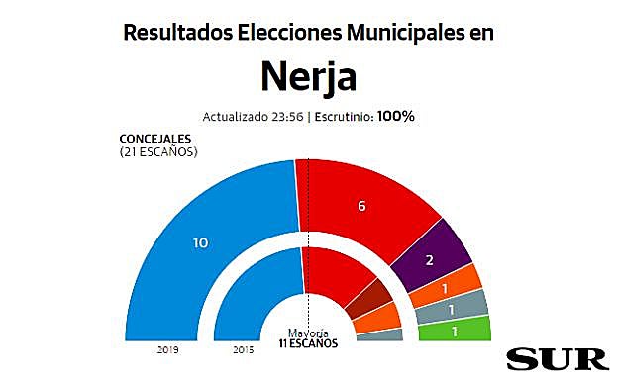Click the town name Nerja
tap(308, 75)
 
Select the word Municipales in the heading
tap(403, 32)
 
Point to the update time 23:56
tap(287, 116)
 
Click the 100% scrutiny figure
tap(396, 116)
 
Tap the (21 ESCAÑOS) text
tap(158, 151)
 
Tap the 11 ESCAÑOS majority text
tap(308, 343)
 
